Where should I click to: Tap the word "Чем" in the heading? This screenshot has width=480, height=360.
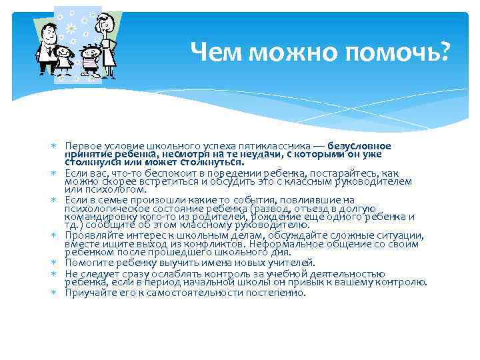tap(213, 51)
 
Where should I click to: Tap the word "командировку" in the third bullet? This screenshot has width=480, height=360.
tap(96, 217)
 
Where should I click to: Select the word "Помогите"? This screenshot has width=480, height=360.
tap(86, 263)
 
